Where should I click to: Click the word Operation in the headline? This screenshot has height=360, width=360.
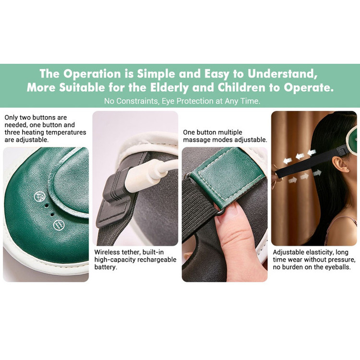click(92, 74)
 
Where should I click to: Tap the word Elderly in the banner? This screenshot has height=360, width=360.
click(169, 88)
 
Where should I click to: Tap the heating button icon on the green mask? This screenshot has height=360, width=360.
click(39, 196)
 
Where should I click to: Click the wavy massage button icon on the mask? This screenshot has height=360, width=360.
click(59, 225)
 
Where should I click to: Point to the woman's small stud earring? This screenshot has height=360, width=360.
click(347, 170)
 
